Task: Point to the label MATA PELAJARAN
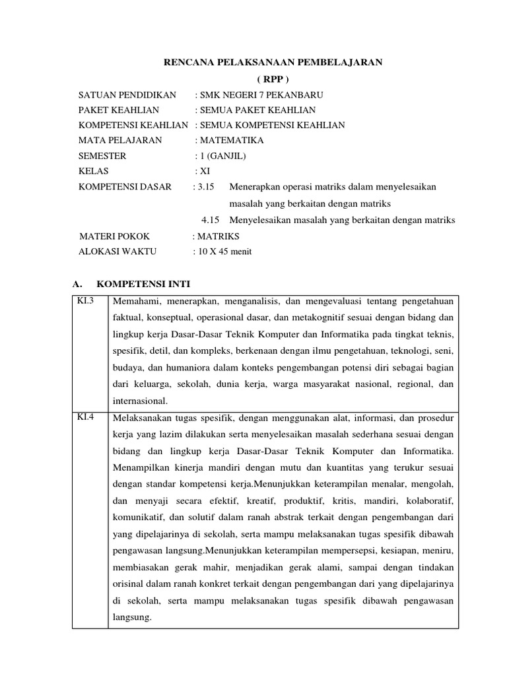point(120,141)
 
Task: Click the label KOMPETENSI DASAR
point(125,187)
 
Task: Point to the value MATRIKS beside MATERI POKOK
point(218,236)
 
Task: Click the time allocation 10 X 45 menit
point(224,252)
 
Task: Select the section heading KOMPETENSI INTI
point(143,285)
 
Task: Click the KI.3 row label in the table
point(87,302)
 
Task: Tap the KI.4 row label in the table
point(87,417)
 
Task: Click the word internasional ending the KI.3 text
point(141,401)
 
